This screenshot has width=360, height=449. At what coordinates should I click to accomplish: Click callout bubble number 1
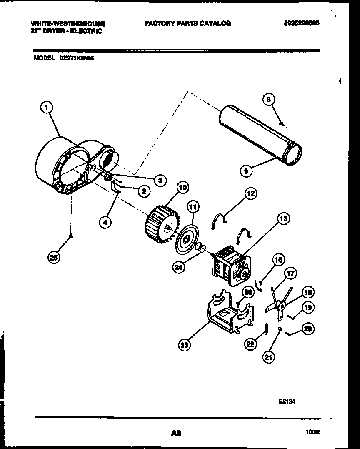tap(47, 108)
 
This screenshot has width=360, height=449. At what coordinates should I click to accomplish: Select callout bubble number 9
tap(246, 170)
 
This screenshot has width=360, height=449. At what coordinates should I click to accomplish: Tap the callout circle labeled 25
tap(54, 257)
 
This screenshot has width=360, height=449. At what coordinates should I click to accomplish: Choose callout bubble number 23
tap(184, 344)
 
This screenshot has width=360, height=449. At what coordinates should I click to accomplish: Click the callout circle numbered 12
tap(250, 193)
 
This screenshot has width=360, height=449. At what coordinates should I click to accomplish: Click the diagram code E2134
tap(287, 403)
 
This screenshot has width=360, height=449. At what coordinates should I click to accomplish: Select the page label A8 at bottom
tap(176, 433)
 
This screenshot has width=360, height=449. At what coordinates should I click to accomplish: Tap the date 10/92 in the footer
tap(313, 433)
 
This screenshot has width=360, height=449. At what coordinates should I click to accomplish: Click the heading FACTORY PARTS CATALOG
tap(187, 24)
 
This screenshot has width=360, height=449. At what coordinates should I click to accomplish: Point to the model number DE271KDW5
tap(76, 59)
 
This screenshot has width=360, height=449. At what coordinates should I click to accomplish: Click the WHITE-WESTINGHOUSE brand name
tap(69, 24)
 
